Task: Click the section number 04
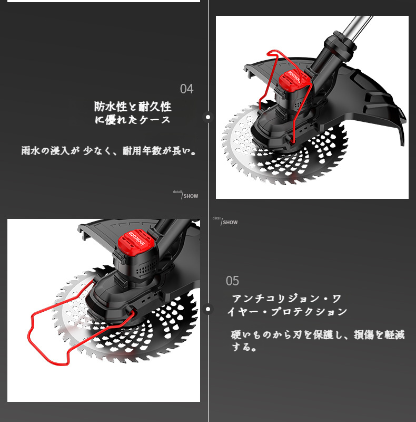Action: (186, 89)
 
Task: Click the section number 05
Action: (232, 281)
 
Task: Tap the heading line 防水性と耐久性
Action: (133, 107)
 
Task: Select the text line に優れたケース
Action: (133, 120)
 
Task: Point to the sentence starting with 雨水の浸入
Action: (108, 151)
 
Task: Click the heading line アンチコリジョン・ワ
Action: (287, 299)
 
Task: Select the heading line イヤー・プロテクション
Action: (288, 312)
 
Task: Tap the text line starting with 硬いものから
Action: (318, 335)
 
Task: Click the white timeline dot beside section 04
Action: (207, 117)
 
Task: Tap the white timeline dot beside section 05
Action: (207, 309)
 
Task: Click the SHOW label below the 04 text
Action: (191, 196)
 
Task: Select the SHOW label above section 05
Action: (230, 223)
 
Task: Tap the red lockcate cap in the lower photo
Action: (137, 243)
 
